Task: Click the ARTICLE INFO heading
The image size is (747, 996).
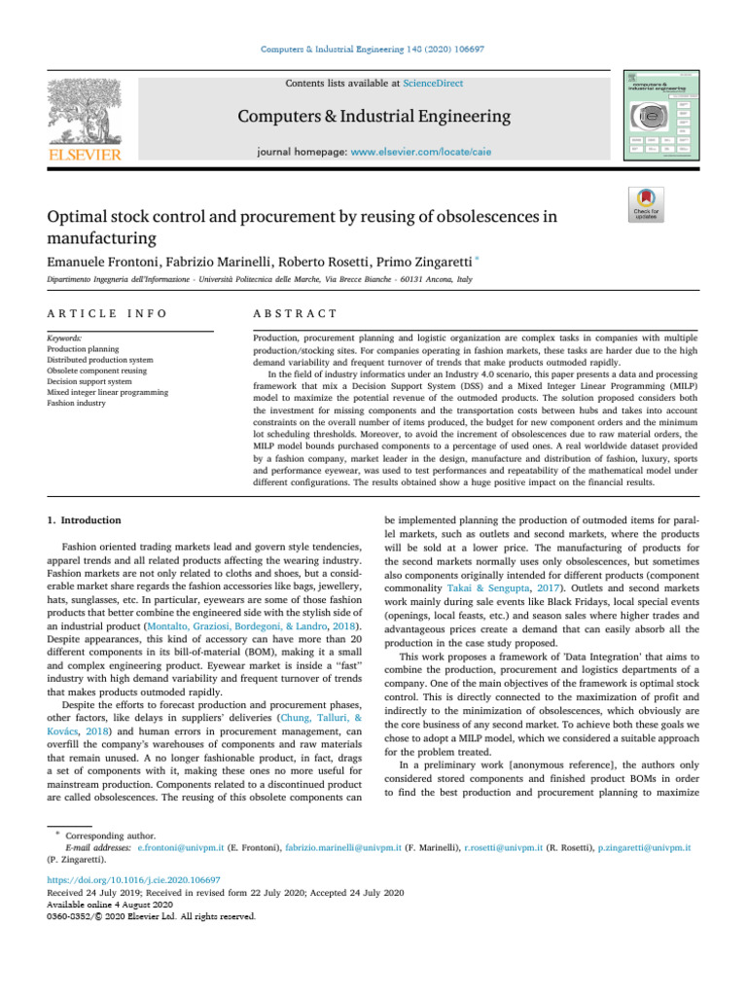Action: [x=107, y=313]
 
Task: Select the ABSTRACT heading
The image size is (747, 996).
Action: [x=296, y=313]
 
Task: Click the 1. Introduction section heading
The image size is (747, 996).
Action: [x=85, y=520]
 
